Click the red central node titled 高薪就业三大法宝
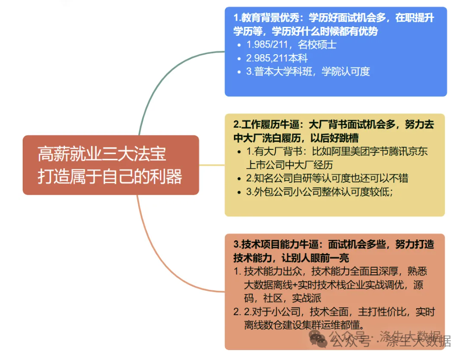[110, 164]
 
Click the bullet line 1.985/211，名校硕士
[291, 45]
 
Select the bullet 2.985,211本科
[277, 58]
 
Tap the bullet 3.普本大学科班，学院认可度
[308, 72]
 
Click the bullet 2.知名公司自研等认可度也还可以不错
[327, 178]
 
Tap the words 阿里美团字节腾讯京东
[380, 152]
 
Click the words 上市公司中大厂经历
[289, 165]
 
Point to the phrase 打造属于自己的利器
[110, 177]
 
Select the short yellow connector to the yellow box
[211, 165]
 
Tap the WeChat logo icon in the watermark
[317, 338]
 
